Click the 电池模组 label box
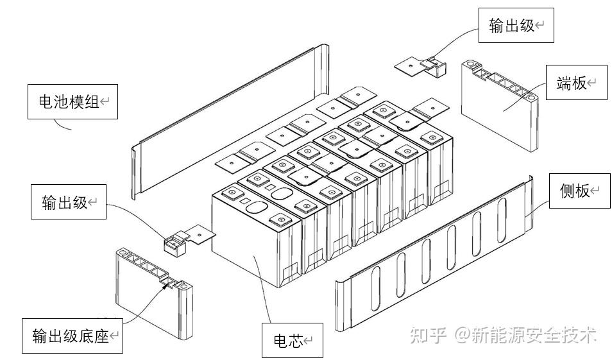pyautogui.click(x=72, y=101)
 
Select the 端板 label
pyautogui.click(x=577, y=82)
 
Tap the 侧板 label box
pyautogui.click(x=580, y=191)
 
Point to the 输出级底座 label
pyautogui.click(x=72, y=336)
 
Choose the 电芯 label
pyautogui.click(x=293, y=340)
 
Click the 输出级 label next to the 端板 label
pyautogui.click(x=516, y=26)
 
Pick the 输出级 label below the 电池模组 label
pyautogui.click(x=69, y=202)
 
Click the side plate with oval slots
pyautogui.click(x=434, y=253)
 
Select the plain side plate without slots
pyautogui.click(x=230, y=122)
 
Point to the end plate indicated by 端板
pyautogui.click(x=500, y=105)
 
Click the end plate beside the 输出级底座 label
pyautogui.click(x=154, y=293)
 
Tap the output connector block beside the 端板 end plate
pyautogui.click(x=435, y=67)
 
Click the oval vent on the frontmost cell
pyautogui.click(x=257, y=207)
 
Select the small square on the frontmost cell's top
pyautogui.click(x=244, y=201)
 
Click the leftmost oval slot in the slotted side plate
pyautogui.click(x=375, y=289)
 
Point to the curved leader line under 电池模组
pyautogui.click(x=62, y=125)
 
